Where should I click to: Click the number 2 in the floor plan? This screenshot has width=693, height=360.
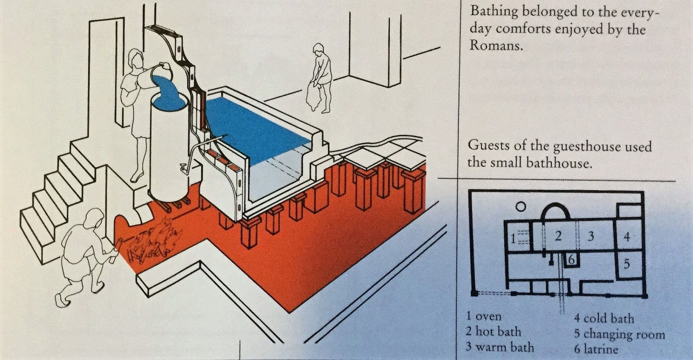click(x=558, y=236)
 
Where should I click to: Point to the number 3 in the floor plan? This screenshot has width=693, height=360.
click(x=590, y=237)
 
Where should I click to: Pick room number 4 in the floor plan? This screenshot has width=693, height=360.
click(x=627, y=237)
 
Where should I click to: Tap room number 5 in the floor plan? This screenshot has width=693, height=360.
click(x=627, y=263)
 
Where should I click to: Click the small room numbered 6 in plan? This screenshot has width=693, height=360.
click(x=571, y=260)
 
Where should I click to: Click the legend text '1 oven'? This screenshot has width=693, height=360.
click(x=484, y=316)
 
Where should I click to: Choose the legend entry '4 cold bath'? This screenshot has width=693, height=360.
click(x=604, y=318)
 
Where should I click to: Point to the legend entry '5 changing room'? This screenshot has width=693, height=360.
click(x=619, y=334)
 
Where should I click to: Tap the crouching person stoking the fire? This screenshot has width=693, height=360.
click(x=84, y=256)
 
